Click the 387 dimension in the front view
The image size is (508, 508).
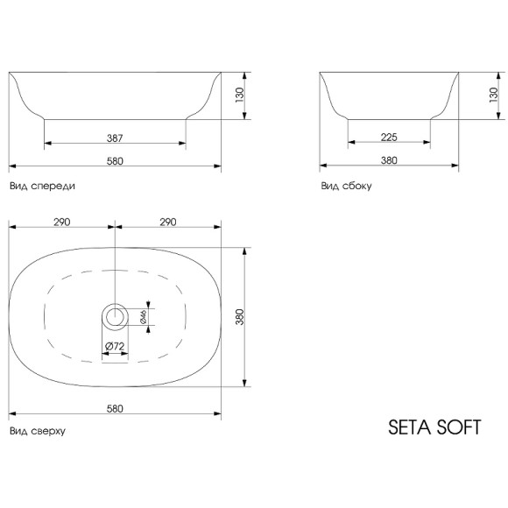click(x=115, y=137)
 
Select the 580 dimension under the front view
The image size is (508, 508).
click(x=115, y=160)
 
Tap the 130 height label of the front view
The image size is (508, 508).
click(x=239, y=95)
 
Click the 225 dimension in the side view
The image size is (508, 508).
click(x=390, y=137)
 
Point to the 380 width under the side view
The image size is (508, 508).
click(x=390, y=160)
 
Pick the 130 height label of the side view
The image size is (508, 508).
click(x=493, y=95)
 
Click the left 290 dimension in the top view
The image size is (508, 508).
click(x=61, y=223)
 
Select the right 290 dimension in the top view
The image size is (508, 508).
click(x=168, y=223)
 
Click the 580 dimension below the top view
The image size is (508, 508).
click(x=115, y=408)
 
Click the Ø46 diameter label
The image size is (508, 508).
click(x=143, y=316)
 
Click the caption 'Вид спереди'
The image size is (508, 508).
click(x=41, y=186)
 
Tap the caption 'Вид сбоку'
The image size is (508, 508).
click(x=341, y=186)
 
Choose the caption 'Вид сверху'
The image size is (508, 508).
click(x=37, y=431)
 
